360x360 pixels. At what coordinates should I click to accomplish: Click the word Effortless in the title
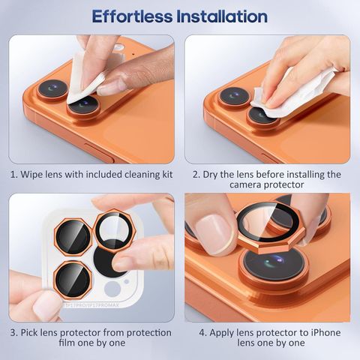pyautogui.click(x=132, y=16)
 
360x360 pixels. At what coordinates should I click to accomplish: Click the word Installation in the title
pyautogui.click(x=222, y=16)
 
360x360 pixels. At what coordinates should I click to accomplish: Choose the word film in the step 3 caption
pyautogui.click(x=67, y=343)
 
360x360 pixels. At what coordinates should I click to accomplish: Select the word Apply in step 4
pyautogui.click(x=221, y=333)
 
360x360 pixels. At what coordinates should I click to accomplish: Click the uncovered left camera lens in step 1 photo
pyautogui.click(x=53, y=90)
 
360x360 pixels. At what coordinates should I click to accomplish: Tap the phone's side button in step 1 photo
pyautogui.click(x=100, y=153)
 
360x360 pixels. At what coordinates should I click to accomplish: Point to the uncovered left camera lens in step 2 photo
pyautogui.click(x=234, y=97)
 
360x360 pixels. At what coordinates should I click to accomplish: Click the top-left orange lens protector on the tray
pyautogui.click(x=73, y=237)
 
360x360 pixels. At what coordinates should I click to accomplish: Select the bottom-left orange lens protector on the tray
pyautogui.click(x=73, y=280)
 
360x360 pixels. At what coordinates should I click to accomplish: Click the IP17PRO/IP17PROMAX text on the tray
pyautogui.click(x=91, y=305)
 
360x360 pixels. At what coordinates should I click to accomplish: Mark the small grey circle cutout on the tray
pyautogui.click(x=112, y=289)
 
